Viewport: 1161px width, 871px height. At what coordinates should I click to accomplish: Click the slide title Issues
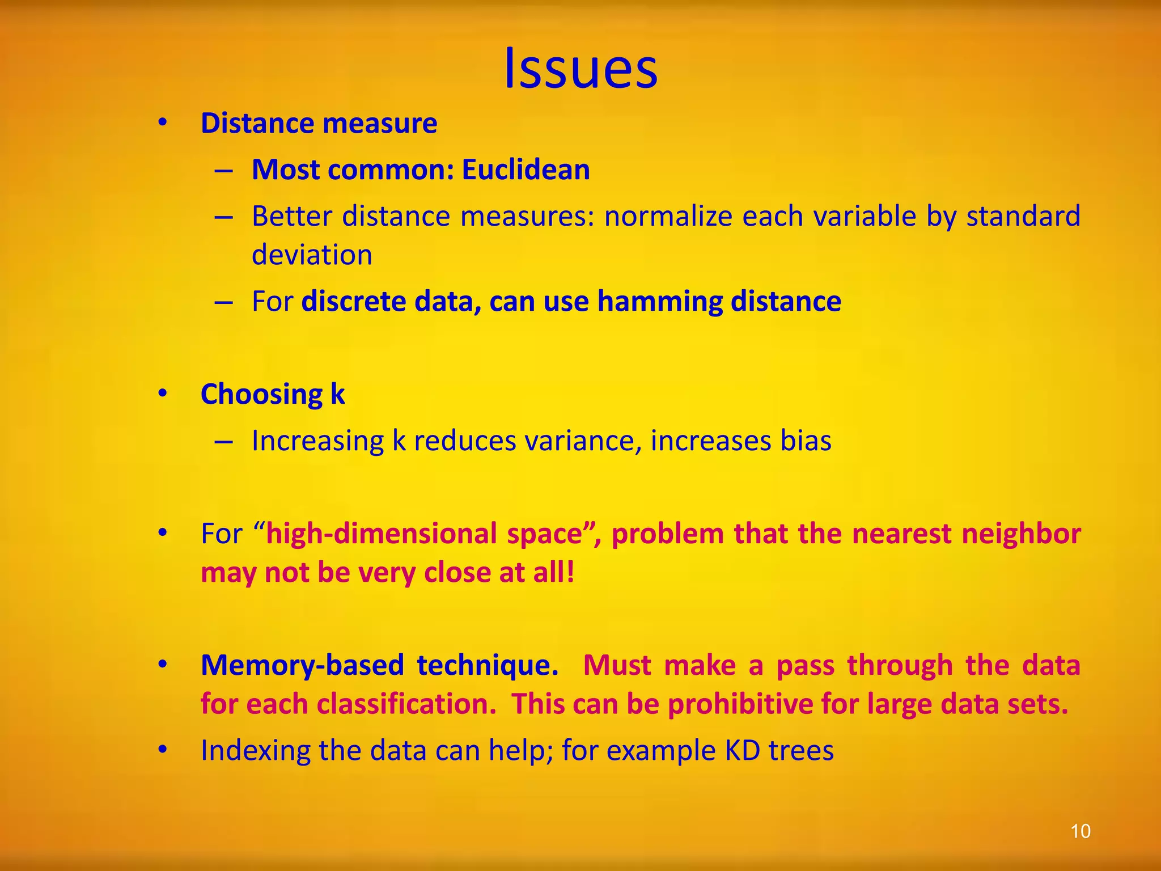pyautogui.click(x=580, y=68)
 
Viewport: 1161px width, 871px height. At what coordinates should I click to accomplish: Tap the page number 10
pyautogui.click(x=1080, y=831)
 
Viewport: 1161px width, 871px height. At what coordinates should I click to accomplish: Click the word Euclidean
pyautogui.click(x=526, y=170)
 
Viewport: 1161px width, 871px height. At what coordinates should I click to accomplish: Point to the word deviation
pyautogui.click(x=312, y=255)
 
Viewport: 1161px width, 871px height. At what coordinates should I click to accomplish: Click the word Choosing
pyautogui.click(x=261, y=394)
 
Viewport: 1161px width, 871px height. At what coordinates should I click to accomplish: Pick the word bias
pyautogui.click(x=806, y=441)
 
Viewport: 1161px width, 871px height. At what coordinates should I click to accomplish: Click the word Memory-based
pyautogui.click(x=302, y=665)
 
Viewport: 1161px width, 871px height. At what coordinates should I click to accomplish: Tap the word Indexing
pyautogui.click(x=255, y=751)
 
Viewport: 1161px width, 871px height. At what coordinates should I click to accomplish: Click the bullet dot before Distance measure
pyautogui.click(x=163, y=124)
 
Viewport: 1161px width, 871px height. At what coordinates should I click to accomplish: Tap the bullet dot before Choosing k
pyautogui.click(x=163, y=394)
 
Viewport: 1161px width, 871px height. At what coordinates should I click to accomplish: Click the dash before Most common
pyautogui.click(x=224, y=170)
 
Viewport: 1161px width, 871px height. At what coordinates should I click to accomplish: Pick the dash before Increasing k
pyautogui.click(x=224, y=441)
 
